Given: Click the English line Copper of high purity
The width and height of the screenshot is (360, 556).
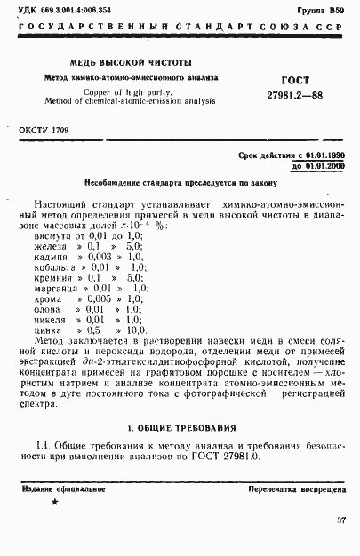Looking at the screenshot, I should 128,91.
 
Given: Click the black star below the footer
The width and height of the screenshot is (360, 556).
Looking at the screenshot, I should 55,503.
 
